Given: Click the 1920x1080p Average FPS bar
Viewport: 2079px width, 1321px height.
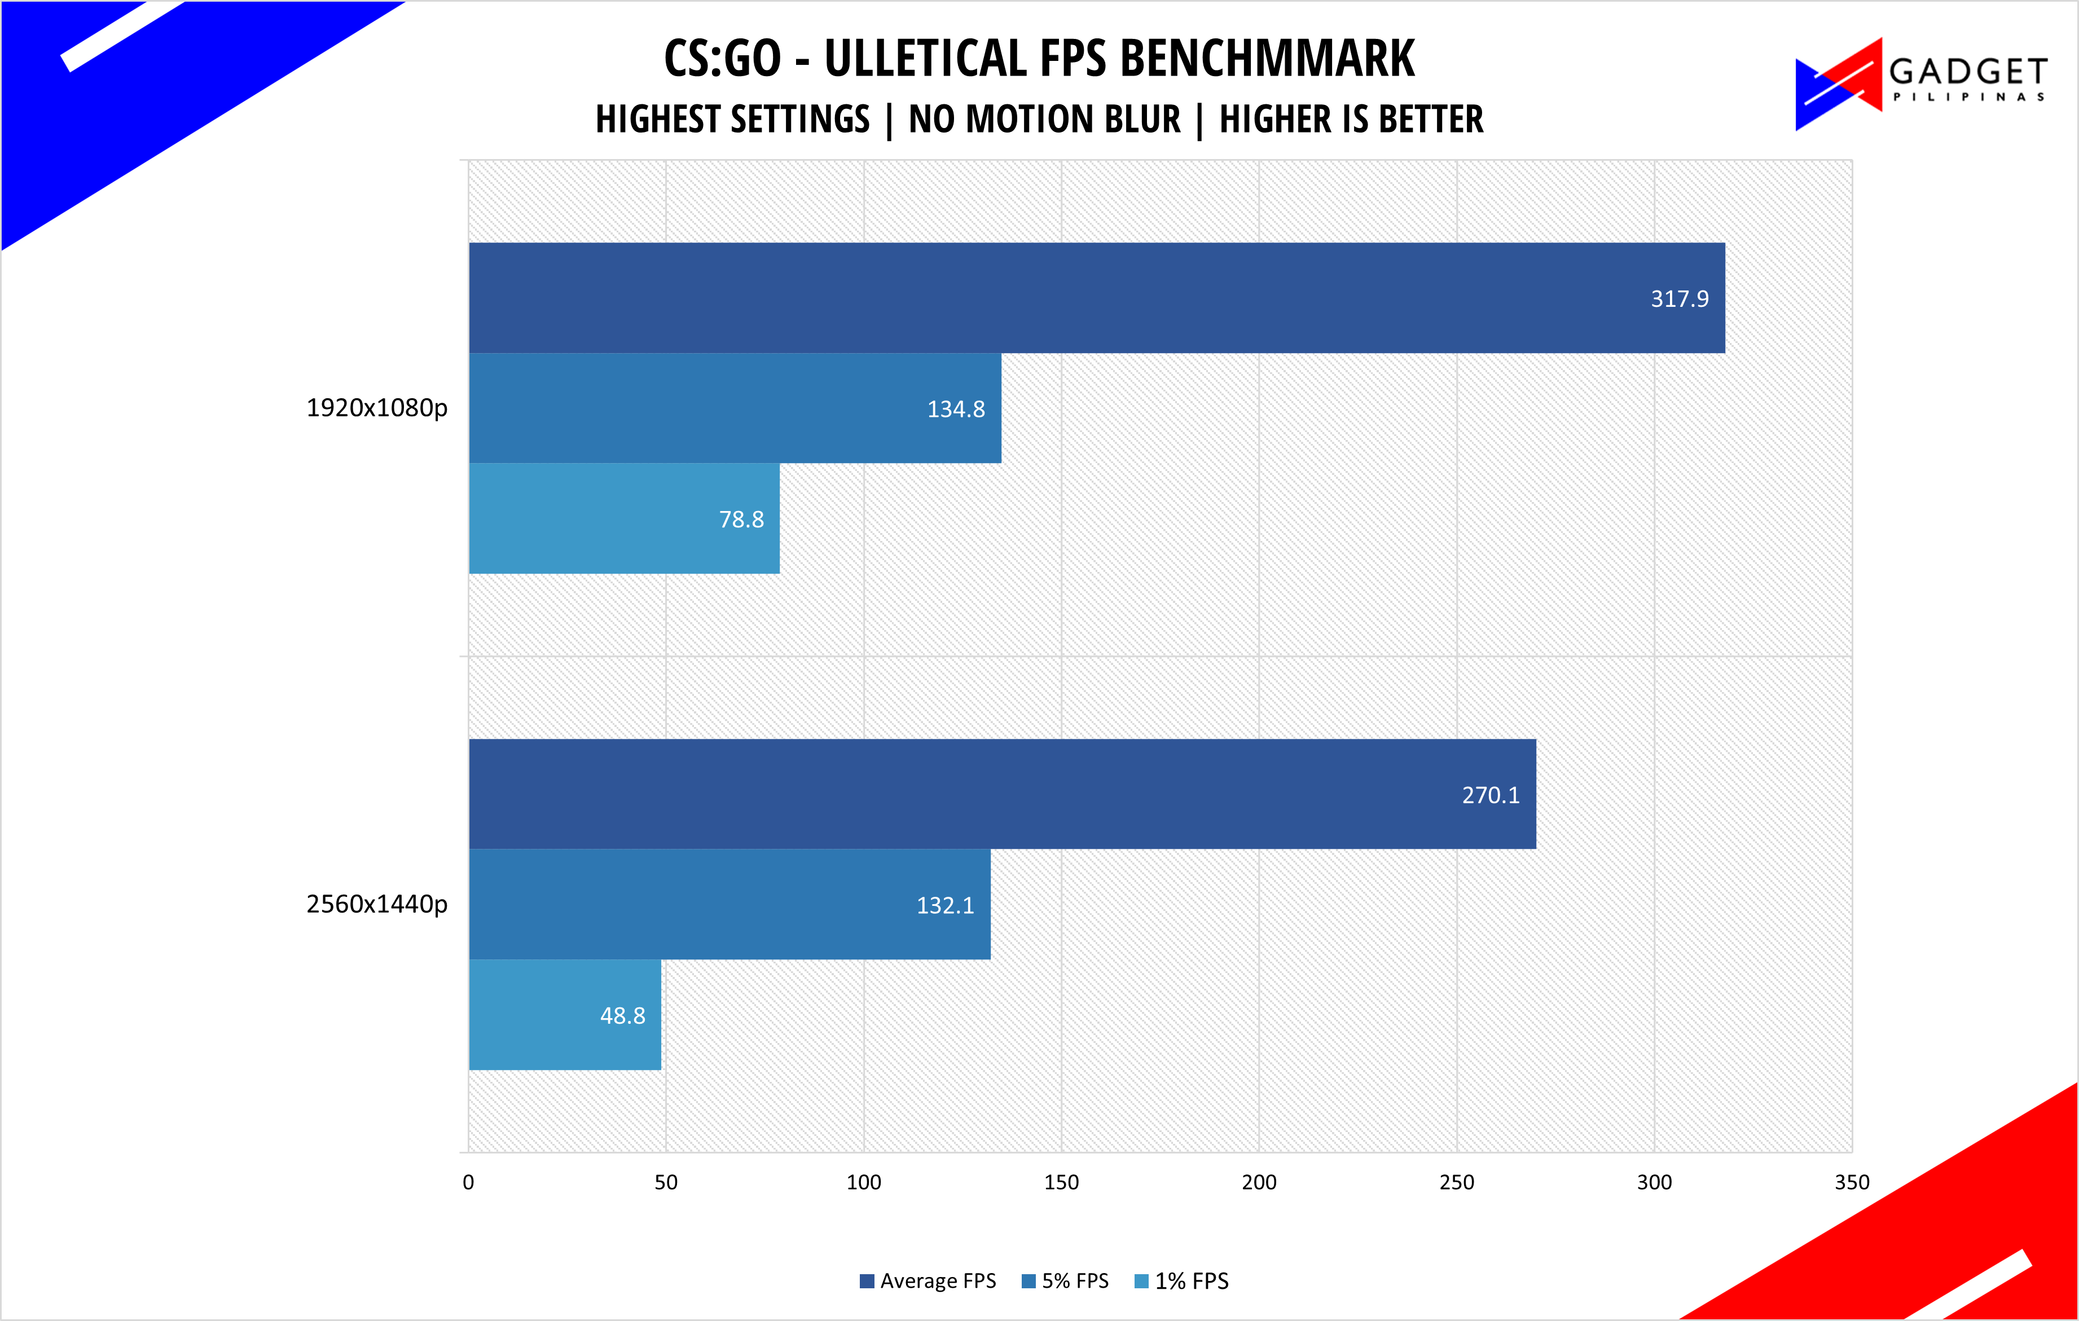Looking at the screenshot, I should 1097,298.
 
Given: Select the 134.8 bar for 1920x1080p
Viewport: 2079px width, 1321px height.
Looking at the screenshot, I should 735,408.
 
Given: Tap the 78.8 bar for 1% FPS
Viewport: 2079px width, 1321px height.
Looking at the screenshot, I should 624,519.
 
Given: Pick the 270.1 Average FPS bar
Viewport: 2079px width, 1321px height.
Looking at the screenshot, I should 1003,794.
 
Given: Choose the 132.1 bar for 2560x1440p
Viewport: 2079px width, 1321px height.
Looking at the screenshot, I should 729,905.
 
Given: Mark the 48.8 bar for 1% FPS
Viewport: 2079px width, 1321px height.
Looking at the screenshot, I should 565,1015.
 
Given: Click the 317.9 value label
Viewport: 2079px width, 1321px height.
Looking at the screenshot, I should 1679,299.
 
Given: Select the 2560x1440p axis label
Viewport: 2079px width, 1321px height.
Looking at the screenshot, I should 377,905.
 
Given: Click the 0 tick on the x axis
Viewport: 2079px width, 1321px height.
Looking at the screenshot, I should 468,1183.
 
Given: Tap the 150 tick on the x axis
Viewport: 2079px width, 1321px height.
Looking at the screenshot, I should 1061,1183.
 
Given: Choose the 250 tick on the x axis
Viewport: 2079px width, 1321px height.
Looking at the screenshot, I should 1457,1183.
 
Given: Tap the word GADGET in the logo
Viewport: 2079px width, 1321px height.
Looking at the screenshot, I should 1968,71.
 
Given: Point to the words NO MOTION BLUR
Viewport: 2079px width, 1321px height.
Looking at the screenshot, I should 1045,119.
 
